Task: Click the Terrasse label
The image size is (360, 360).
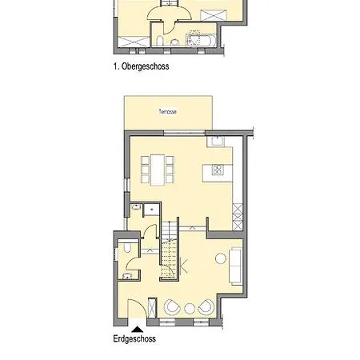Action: [x=167, y=111]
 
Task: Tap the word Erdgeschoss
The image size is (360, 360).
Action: [x=134, y=338]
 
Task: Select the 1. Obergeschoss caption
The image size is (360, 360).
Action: [x=141, y=68]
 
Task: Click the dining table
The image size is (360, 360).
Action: [x=157, y=168]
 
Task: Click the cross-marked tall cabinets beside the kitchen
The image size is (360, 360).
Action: [x=237, y=215]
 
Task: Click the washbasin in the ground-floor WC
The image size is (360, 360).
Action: [x=128, y=276]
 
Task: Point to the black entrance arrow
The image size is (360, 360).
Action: [x=138, y=326]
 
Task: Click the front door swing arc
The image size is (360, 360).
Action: [x=138, y=308]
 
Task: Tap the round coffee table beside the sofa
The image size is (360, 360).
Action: [x=218, y=258]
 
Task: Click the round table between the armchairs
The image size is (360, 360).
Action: [x=189, y=309]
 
